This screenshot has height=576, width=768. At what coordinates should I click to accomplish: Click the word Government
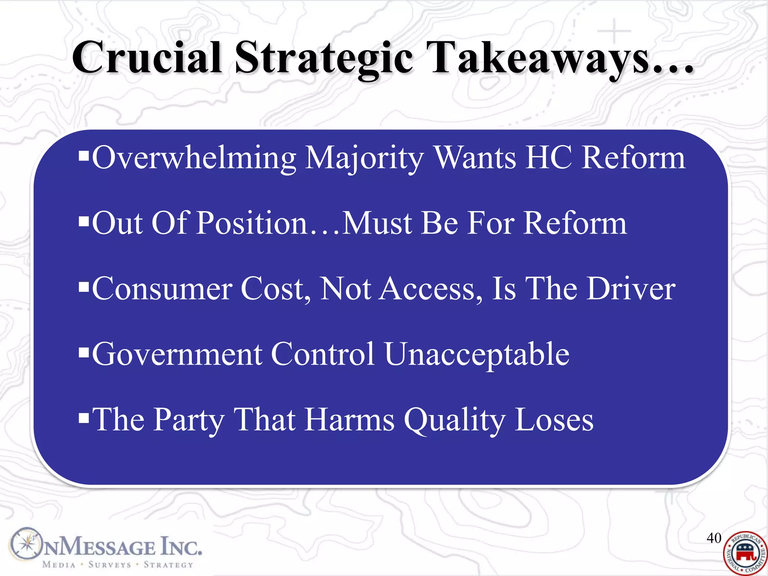tap(177, 354)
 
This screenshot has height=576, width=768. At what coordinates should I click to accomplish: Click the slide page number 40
tap(714, 538)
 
